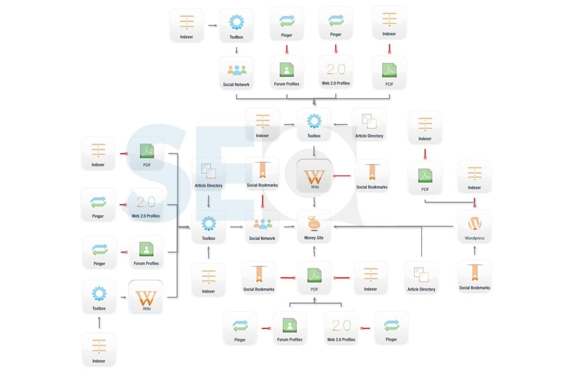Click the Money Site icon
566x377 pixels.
(314, 222)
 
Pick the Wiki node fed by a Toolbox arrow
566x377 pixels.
(145, 296)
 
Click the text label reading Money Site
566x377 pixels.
(314, 238)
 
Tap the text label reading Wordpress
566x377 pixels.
(474, 239)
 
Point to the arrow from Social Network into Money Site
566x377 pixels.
(289, 227)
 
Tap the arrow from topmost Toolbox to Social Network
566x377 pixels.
(237, 49)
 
